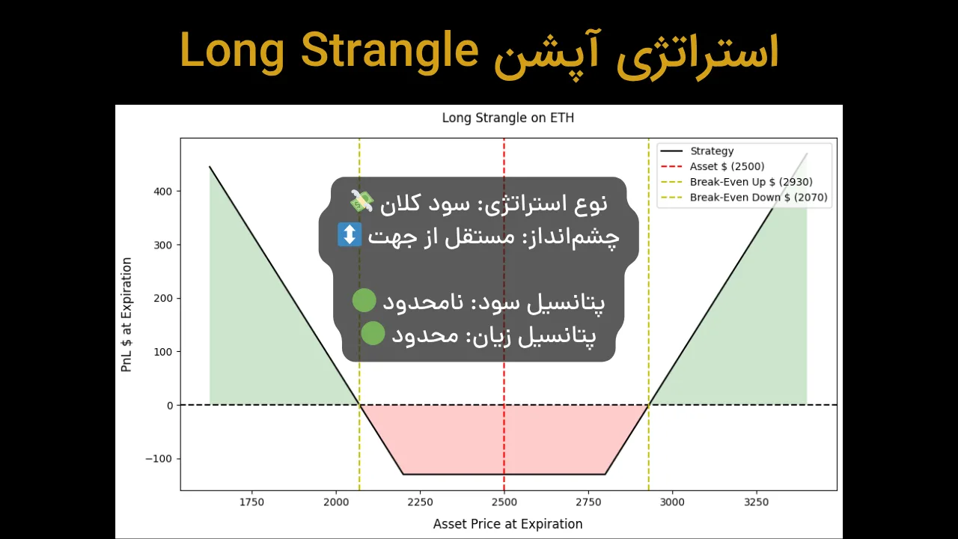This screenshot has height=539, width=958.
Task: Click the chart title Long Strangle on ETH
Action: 507,118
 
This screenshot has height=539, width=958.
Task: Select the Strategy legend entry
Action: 711,151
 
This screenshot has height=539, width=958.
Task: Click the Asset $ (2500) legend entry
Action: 727,166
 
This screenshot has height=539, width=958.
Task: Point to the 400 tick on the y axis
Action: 163,192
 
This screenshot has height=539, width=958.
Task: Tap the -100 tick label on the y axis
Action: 159,459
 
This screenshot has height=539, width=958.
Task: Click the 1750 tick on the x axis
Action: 251,502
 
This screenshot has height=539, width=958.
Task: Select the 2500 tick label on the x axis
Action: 504,502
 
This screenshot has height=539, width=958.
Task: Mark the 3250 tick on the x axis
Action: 757,502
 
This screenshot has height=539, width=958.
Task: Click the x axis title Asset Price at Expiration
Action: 507,524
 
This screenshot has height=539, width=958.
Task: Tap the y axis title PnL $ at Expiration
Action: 126,314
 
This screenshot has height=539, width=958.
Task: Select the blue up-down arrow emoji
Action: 350,235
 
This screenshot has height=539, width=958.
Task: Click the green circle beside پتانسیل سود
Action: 364,301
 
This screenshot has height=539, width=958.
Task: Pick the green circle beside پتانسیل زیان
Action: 373,334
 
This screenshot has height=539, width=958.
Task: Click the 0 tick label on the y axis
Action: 170,406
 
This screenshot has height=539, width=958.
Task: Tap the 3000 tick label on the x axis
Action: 672,502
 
